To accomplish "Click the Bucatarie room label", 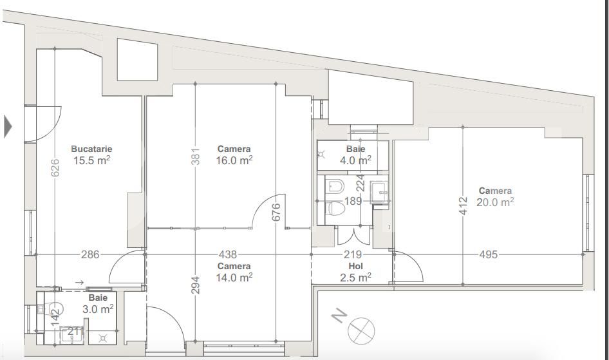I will point(91,149).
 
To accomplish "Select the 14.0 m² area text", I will point(234,278).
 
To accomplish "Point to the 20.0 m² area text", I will point(495,202).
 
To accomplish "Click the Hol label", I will point(355,266).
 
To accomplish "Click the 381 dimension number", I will point(196,155).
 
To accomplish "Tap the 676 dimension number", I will point(277,212).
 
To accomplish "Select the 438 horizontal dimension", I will point(228,254).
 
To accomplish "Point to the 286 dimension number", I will point(90,254).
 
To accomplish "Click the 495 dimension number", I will point(489,254).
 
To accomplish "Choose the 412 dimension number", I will point(463,206).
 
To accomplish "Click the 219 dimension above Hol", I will point(352,254).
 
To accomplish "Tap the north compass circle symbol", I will point(361,331).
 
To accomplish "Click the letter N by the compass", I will point(339,316).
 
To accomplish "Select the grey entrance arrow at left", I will point(8,126).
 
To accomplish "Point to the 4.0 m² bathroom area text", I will point(355,160).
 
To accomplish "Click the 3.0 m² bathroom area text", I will point(98,309).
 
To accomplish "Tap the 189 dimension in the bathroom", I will point(353,201).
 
